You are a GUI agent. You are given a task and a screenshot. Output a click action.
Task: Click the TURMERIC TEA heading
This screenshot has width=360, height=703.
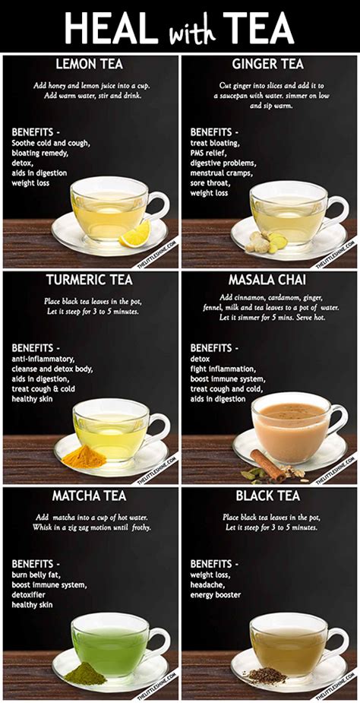(89, 280)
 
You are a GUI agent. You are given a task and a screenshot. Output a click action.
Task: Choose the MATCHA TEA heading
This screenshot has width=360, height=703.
(89, 496)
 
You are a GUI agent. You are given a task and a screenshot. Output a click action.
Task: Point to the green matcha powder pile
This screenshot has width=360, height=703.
(85, 673)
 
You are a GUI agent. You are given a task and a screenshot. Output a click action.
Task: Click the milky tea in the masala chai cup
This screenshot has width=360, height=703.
(289, 417)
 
